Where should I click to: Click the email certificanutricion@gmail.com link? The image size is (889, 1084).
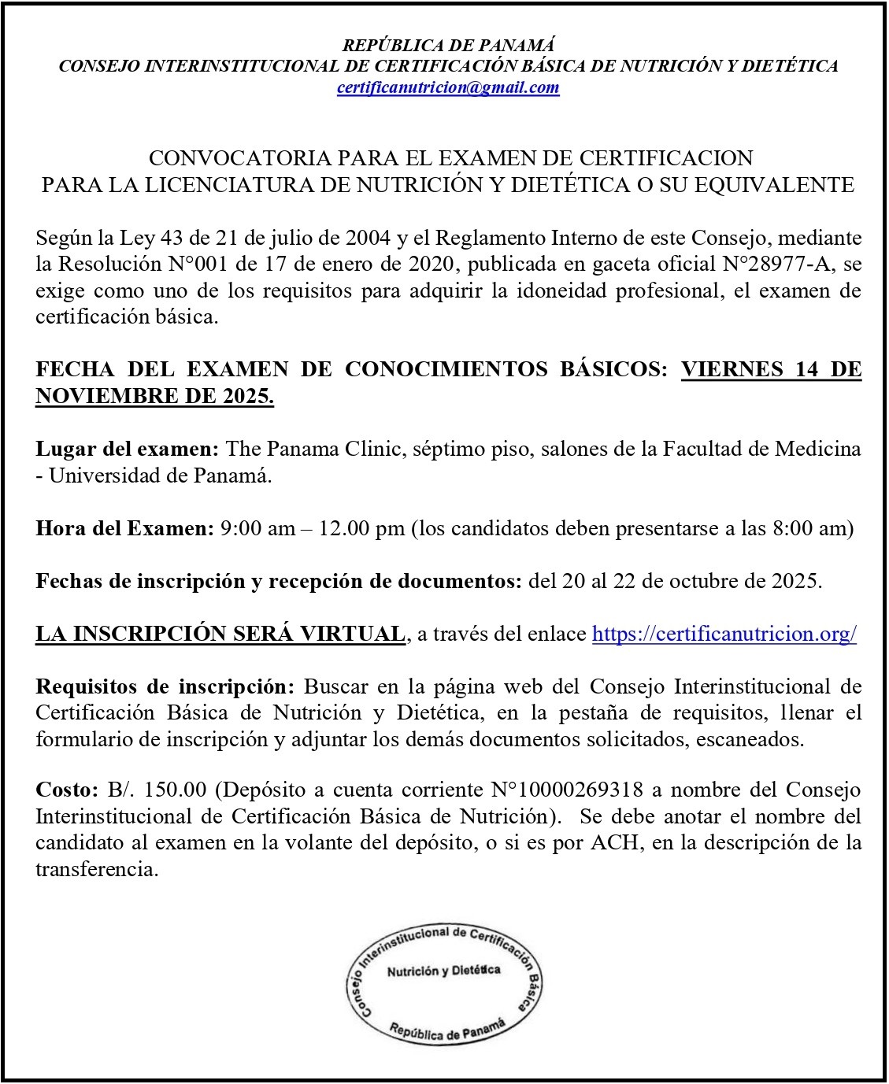pos(447,87)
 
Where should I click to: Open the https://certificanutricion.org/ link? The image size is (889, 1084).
pos(724,634)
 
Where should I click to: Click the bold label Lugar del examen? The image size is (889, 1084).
pos(128,450)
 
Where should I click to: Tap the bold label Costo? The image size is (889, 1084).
pos(66,790)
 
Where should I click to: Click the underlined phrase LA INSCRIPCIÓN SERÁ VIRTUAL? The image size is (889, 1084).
pos(220,634)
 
